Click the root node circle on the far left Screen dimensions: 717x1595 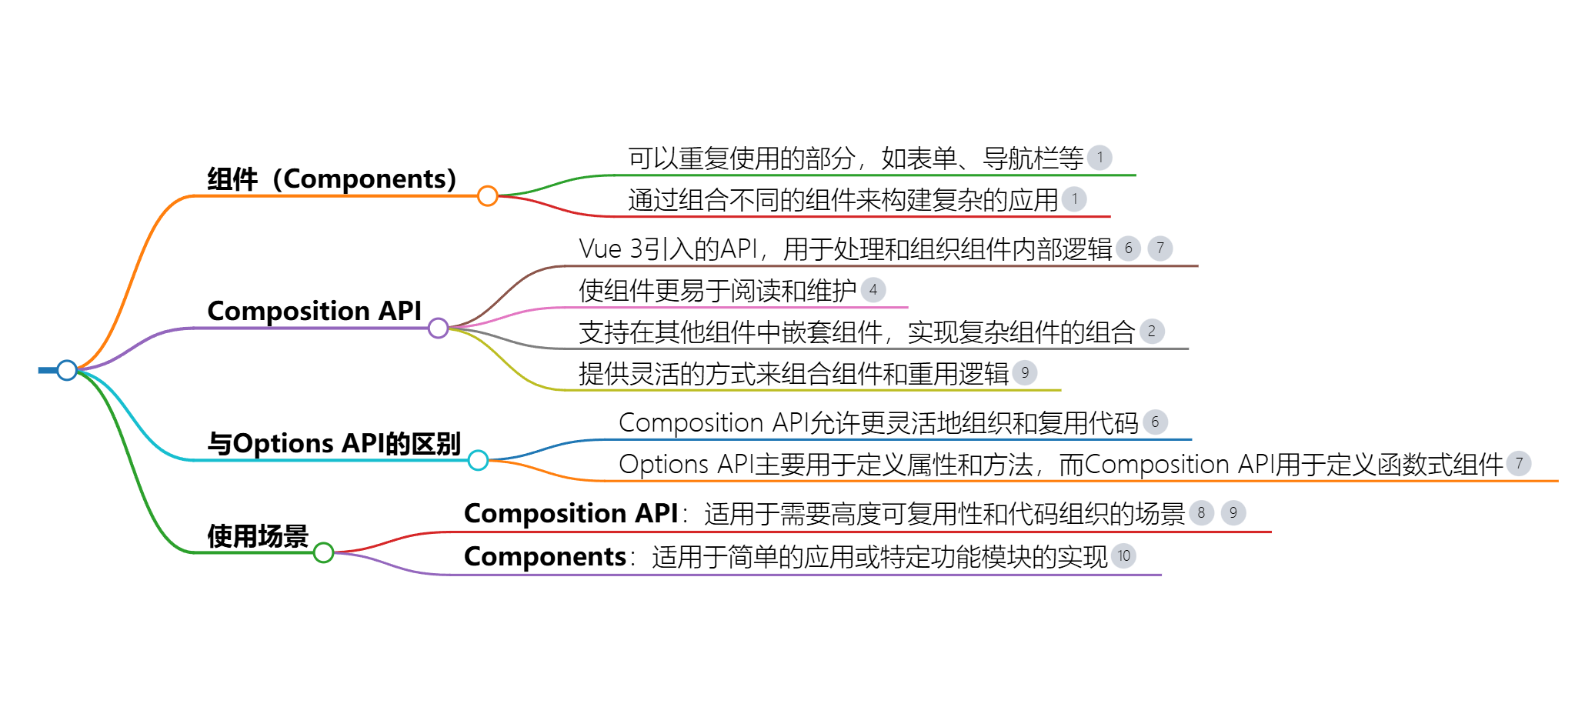pos(67,370)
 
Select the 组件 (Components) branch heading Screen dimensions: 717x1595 pos(332,178)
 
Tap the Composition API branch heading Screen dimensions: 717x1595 pos(314,311)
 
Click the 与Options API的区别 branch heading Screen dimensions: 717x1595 pos(333,443)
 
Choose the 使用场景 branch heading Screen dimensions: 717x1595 pos(257,535)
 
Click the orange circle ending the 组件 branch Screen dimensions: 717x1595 pos(487,196)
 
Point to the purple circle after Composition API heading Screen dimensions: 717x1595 pos(438,328)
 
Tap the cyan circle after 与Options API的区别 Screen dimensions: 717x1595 pos(478,460)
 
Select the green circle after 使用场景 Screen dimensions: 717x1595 pos(323,552)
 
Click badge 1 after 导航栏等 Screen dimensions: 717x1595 pos(1099,158)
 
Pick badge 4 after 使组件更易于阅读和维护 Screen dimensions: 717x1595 pos(873,290)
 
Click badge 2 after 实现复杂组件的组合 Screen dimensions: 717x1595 pos(1152,332)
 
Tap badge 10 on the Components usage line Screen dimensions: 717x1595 pos(1124,556)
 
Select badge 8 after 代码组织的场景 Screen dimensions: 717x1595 pos(1201,513)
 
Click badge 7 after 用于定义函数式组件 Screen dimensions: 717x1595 pos(1519,464)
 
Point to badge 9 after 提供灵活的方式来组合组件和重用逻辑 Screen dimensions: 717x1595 pos(1025,373)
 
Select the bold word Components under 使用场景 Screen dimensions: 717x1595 pos(545,556)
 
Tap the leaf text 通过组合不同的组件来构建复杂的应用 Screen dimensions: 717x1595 pos(843,200)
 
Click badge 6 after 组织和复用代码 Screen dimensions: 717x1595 pos(1155,422)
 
